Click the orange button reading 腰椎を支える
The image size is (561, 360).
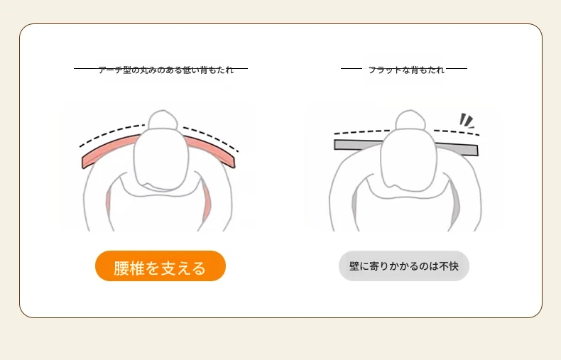(160, 266)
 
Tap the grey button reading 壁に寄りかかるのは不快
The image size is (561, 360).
(404, 266)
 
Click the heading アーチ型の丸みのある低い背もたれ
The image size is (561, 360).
(165, 70)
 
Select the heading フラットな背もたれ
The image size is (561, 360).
(406, 70)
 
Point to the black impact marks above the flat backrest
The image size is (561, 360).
(467, 121)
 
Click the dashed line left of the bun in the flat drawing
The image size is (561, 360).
(362, 131)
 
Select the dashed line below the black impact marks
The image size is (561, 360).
(457, 132)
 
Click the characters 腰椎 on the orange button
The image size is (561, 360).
(129, 268)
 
